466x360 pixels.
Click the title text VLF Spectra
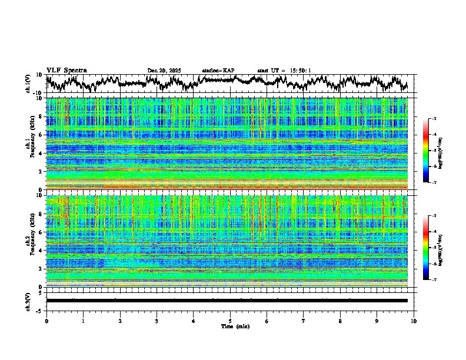point(66,71)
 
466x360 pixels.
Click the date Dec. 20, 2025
point(164,71)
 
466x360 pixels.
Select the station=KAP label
point(218,71)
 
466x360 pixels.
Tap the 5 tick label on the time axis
point(230,321)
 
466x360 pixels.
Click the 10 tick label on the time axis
point(414,321)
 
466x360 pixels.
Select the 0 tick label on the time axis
point(46,321)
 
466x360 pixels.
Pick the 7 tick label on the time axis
point(304,321)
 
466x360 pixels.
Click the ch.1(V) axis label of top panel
point(28,84)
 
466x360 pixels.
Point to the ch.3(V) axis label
point(28,300)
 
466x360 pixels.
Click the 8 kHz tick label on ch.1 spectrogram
point(41,116)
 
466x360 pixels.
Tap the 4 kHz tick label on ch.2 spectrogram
point(41,251)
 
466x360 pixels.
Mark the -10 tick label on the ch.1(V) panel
point(38,93)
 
